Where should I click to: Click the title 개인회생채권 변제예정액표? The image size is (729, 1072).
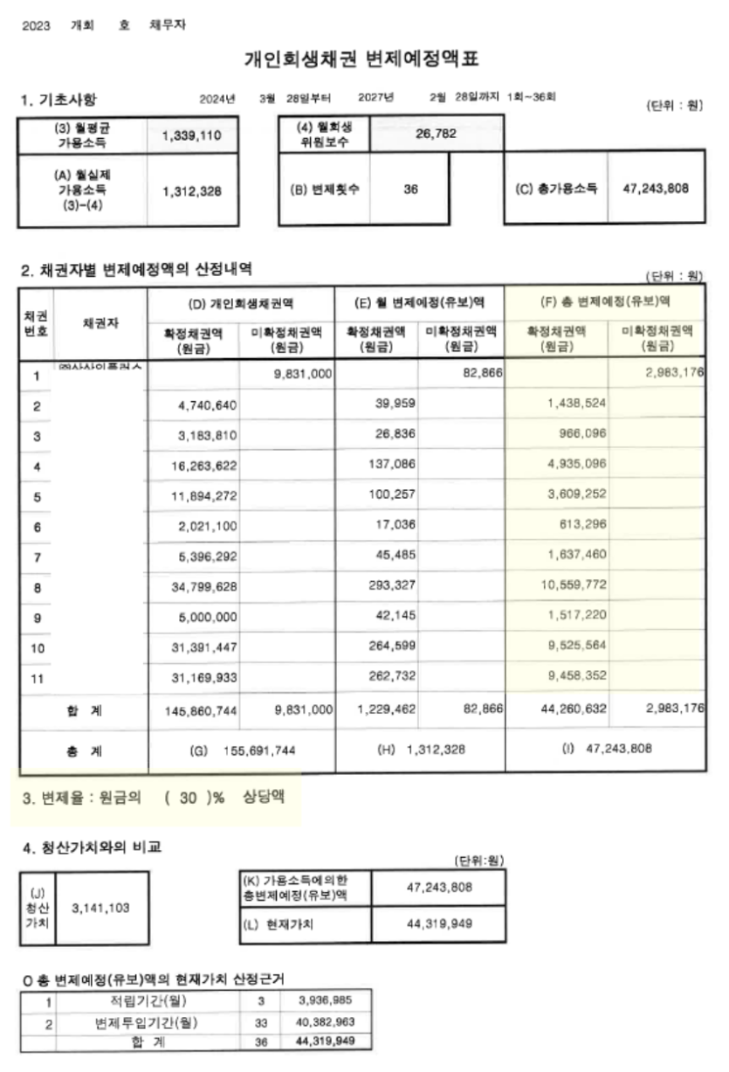coord(361,59)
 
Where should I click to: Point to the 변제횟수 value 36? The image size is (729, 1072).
coord(410,189)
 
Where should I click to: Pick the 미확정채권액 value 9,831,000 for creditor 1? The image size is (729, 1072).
coord(297,373)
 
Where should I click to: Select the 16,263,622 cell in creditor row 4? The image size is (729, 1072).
coord(200,467)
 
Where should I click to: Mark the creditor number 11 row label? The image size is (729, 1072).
coord(37,678)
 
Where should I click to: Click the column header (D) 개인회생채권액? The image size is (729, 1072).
coord(241,303)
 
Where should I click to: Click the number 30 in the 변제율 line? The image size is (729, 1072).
coord(188,799)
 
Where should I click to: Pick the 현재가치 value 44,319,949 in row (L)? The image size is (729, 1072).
coord(439,924)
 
